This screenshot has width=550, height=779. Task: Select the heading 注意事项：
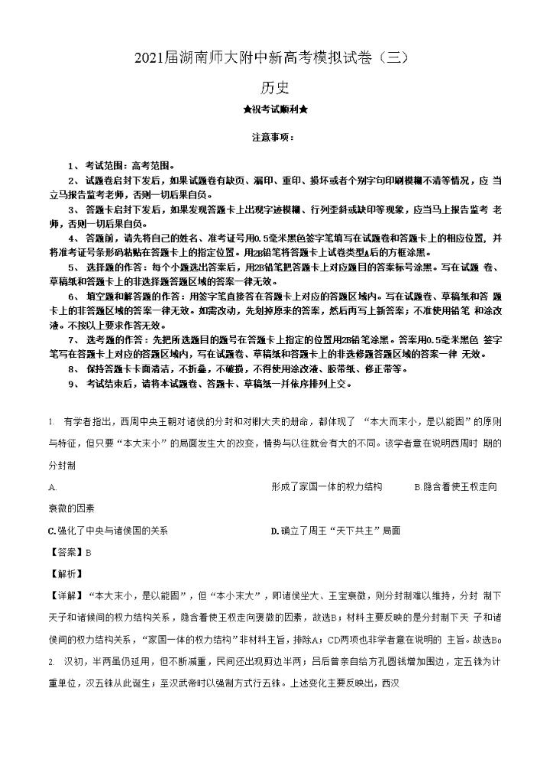point(274,138)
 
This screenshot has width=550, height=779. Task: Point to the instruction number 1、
point(73,165)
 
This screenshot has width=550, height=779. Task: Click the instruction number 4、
point(73,238)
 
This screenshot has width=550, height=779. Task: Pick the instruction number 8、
point(73,369)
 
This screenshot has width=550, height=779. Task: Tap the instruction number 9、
point(73,384)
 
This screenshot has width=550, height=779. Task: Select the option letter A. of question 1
point(52,486)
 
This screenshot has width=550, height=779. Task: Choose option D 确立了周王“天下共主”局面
point(335,530)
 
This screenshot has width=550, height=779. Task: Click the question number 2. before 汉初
point(50,659)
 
